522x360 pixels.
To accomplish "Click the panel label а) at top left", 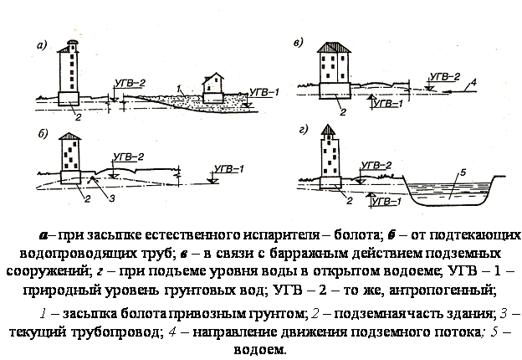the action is tap(42, 45).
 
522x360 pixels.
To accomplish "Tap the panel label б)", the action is tap(43, 134).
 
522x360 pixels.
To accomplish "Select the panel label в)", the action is tap(299, 43).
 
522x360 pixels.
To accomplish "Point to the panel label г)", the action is tap(303, 129).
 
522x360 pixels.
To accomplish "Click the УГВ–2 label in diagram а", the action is tap(130, 83).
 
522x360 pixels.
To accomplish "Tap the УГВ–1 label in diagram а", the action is tap(264, 92).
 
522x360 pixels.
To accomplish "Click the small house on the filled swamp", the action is tap(212, 88).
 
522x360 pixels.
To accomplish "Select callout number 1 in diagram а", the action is tap(179, 89).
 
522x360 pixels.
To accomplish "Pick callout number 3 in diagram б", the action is tap(112, 198).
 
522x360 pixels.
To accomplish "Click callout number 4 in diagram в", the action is tap(473, 81).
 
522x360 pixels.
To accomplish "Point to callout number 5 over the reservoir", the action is tap(463, 172).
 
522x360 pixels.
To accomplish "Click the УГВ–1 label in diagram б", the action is tap(229, 169).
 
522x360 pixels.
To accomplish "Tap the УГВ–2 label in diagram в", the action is tap(445, 76).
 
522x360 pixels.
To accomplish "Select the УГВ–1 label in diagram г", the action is tap(386, 202).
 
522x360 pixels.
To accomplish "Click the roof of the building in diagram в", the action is tap(334, 47).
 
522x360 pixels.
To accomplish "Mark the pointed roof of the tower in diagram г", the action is tap(328, 129).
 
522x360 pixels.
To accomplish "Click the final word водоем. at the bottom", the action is tap(260, 350).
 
